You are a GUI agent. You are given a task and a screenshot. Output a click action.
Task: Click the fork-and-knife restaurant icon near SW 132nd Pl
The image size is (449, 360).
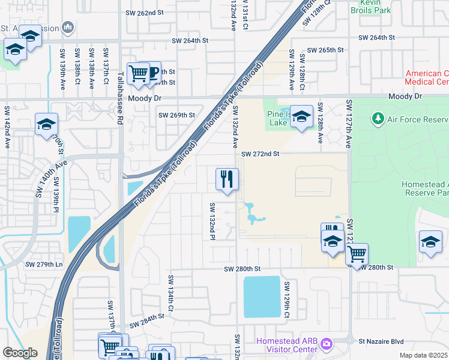pos(227,179)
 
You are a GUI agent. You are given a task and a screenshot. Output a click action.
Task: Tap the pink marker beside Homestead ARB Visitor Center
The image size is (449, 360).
pos(327,344)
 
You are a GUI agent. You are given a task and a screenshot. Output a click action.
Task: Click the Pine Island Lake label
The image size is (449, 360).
pos(279,118)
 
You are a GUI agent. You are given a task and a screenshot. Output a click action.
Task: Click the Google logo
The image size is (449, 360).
pos(20,353)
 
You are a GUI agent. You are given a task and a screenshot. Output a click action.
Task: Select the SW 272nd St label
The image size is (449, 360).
pos(261,154)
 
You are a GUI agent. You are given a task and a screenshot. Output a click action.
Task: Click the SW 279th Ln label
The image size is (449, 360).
pos(43,264)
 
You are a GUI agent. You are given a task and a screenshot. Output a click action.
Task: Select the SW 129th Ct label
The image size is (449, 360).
pos(287,299)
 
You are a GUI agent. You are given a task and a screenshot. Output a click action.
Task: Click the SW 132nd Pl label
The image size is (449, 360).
pos(212,221)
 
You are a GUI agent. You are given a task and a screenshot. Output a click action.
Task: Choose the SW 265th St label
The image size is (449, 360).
pos(325,50)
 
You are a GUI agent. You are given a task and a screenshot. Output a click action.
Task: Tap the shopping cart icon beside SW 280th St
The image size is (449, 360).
pos(357,254)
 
